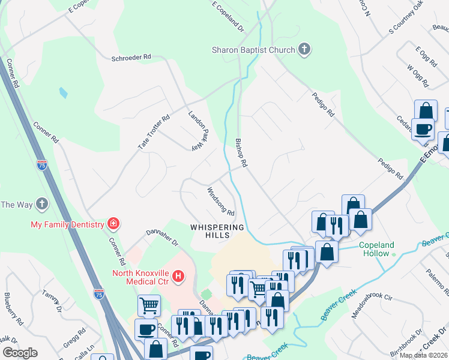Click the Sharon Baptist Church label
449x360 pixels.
253,50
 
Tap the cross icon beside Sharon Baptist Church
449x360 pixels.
304,49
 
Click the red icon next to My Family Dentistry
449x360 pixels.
112,224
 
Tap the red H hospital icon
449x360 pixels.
178,276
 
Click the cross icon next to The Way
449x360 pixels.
41,204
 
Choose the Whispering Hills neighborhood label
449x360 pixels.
217,231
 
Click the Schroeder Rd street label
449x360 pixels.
131,58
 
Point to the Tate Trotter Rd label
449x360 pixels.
155,133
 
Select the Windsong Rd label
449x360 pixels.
220,202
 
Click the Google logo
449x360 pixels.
20,353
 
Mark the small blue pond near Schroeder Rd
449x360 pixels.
63,93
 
